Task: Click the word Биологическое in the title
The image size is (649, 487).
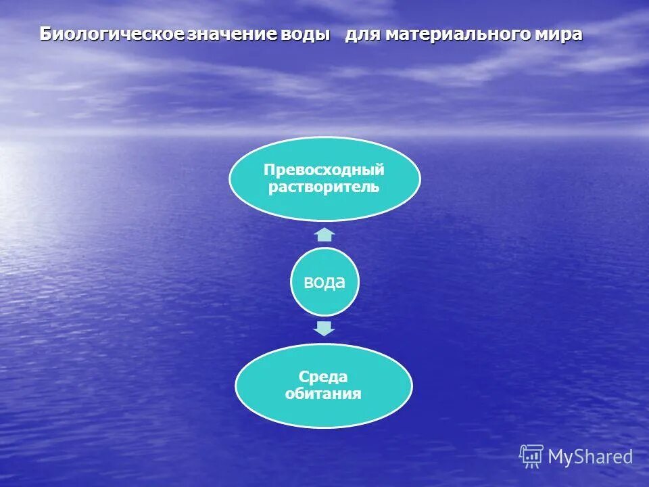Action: [x=112, y=34]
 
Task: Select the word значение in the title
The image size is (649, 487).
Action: [x=231, y=34]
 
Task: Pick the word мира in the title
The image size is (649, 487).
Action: [x=558, y=34]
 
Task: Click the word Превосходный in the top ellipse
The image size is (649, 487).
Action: [x=324, y=170]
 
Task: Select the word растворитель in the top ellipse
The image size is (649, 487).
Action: [x=324, y=187]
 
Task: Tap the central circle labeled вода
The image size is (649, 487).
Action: [x=324, y=282]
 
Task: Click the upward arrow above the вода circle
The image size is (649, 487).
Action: [x=325, y=235]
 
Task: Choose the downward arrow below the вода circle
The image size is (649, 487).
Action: [x=325, y=329]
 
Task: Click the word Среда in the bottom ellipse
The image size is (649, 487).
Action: [x=323, y=377]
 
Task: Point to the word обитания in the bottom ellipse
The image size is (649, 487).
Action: [x=323, y=394]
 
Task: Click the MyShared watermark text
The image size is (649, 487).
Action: [x=590, y=457]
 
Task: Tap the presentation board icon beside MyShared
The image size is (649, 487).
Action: [x=531, y=456]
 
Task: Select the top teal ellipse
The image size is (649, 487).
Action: [x=324, y=152]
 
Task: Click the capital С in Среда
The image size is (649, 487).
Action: [x=304, y=377]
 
